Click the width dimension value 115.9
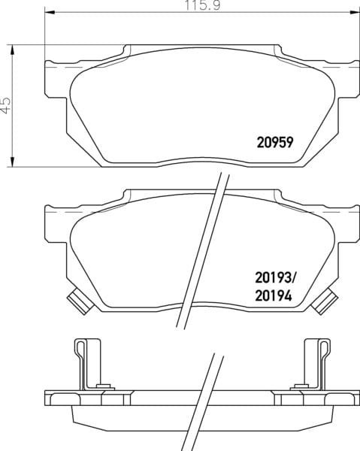coord(202,5)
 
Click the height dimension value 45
coord(5,105)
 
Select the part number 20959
coord(275,142)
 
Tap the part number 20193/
coord(275,278)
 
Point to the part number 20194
coord(274,295)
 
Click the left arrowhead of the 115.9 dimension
coord(50,12)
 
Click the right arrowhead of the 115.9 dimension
coord(355,12)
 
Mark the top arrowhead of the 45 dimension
coord(12,50)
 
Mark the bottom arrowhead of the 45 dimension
coord(12,162)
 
